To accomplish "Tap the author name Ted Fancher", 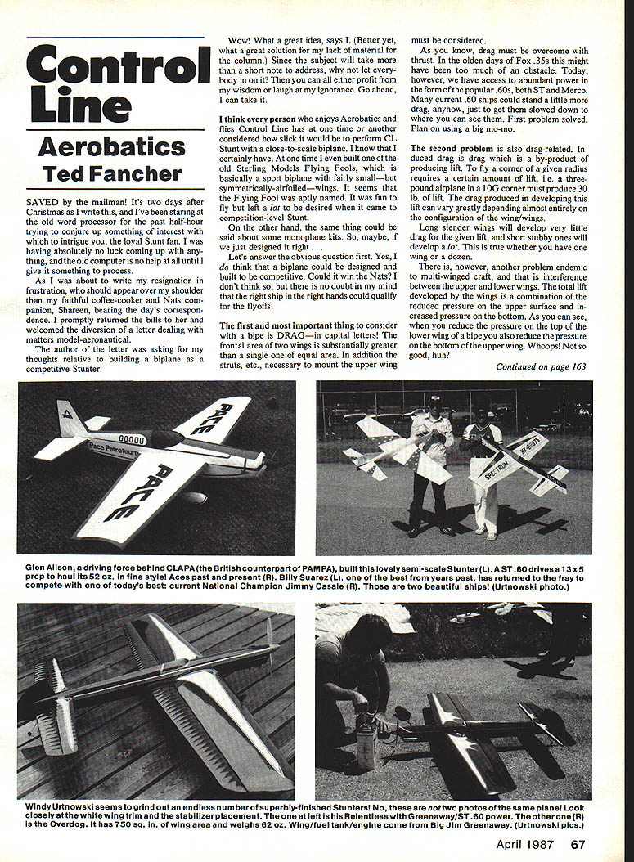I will pos(112,173).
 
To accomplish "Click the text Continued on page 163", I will pos(541,367).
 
